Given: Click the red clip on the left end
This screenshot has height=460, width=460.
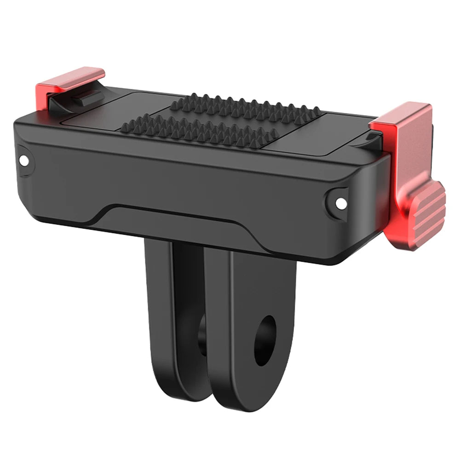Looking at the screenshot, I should pos(69,81).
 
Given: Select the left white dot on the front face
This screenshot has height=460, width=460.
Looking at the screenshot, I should pos(24,160).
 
